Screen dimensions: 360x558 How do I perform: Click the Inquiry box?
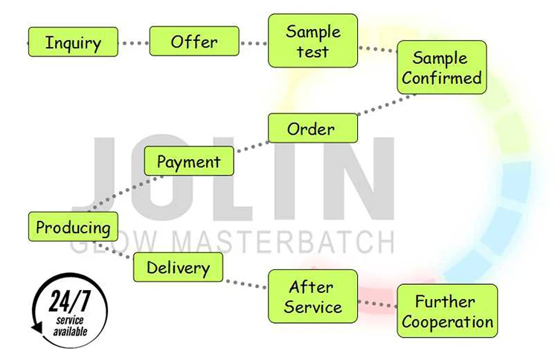tap(73, 42)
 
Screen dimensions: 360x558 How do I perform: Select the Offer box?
tap(194, 41)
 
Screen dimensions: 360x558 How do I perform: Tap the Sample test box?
tap(313, 42)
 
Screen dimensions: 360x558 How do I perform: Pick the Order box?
tap(312, 129)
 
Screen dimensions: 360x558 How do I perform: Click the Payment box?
tap(188, 161)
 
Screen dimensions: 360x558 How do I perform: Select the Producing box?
tap(73, 227)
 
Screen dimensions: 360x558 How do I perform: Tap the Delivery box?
tap(178, 266)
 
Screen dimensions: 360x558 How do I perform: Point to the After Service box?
tap(312, 295)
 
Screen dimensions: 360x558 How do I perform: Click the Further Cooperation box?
tap(445, 311)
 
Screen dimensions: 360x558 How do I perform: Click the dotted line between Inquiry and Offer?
tap(134, 43)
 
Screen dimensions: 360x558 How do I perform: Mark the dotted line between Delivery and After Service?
tap(246, 283)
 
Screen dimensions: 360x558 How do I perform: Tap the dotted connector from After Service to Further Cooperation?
tap(376, 303)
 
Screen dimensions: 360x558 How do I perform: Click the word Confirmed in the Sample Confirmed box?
tap(442, 77)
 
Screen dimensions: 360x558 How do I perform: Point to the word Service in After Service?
tap(312, 305)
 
